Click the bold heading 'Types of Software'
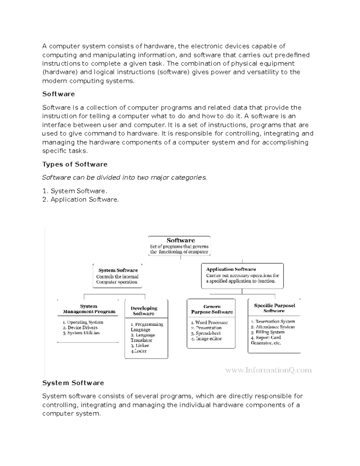pyautogui.click(x=75, y=164)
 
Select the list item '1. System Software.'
pyautogui.click(x=75, y=191)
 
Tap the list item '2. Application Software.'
pyautogui.click(x=80, y=200)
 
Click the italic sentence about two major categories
pyautogui.click(x=124, y=177)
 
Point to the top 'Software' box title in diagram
pyautogui.click(x=181, y=240)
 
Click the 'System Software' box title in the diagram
pyautogui.click(x=118, y=270)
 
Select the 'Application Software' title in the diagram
pyautogui.click(x=231, y=269)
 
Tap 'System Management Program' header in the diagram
pyautogui.click(x=89, y=309)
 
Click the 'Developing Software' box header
pyautogui.click(x=144, y=311)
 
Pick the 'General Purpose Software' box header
pyautogui.click(x=212, y=309)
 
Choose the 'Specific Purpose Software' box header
pyautogui.click(x=274, y=308)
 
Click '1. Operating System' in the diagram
pyautogui.click(x=83, y=322)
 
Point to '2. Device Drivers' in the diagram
pyautogui.click(x=80, y=327)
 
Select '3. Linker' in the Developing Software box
pyautogui.click(x=140, y=345)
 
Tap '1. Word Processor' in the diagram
pyautogui.click(x=209, y=322)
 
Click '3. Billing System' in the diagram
pyautogui.click(x=268, y=332)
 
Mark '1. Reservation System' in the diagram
pyautogui.click(x=273, y=321)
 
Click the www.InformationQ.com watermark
pyautogui.click(x=268, y=370)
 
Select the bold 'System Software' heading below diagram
pyautogui.click(x=73, y=383)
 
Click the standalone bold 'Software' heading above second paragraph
pyautogui.click(x=58, y=94)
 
